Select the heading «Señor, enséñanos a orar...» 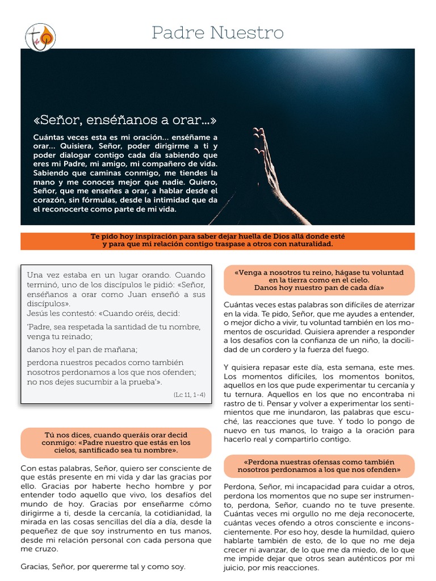pyautogui.click(x=125, y=120)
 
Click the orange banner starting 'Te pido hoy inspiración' pyautogui.click(x=217, y=241)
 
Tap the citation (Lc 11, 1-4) pyautogui.click(x=190, y=394)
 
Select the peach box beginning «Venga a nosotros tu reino pyautogui.click(x=319, y=280)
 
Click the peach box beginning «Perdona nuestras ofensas pyautogui.click(x=319, y=466)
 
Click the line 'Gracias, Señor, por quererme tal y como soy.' pyautogui.click(x=103, y=566)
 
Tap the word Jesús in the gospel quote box pyautogui.click(x=37, y=313)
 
